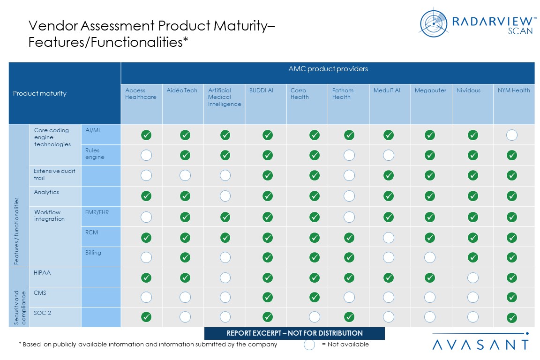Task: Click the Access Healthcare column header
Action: tap(141, 94)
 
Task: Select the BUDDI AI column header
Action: tap(261, 90)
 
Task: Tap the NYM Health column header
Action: tap(514, 90)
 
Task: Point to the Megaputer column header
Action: tap(430, 90)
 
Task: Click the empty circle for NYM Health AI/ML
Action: tap(512, 135)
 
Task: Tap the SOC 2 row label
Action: tap(43, 313)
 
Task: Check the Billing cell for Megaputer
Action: tap(430, 257)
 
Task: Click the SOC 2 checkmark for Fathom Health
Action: tap(349, 317)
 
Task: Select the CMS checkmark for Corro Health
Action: tap(315, 297)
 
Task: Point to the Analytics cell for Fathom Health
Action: tap(349, 196)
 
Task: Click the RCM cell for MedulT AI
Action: tap(389, 238)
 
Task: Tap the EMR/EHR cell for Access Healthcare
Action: tap(146, 217)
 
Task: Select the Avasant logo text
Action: tap(480, 345)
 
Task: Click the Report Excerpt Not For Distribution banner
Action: tap(294, 333)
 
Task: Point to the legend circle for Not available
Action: tap(309, 345)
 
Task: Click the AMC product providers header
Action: tap(328, 69)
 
